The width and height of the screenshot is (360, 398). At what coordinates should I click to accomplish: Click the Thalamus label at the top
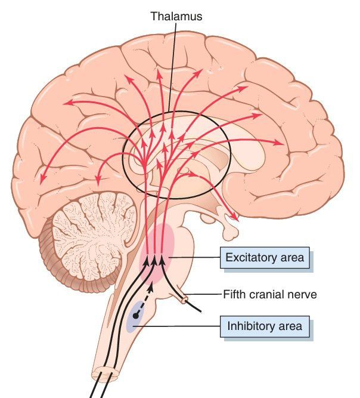pos(176,17)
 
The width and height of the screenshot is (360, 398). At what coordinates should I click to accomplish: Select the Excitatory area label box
pos(265,259)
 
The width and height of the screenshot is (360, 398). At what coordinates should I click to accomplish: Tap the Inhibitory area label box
pos(265,326)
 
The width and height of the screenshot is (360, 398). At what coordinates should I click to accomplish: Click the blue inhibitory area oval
pos(136,316)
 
